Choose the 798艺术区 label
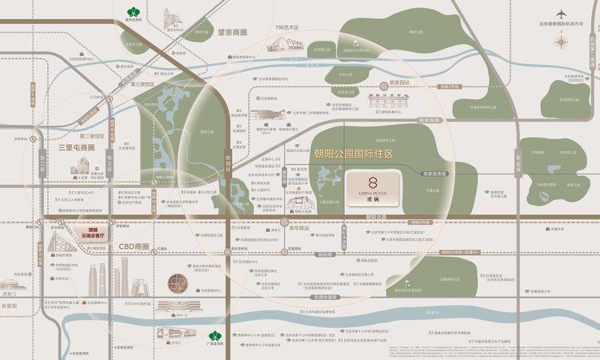[286, 27]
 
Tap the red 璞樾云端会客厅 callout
[99, 231]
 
